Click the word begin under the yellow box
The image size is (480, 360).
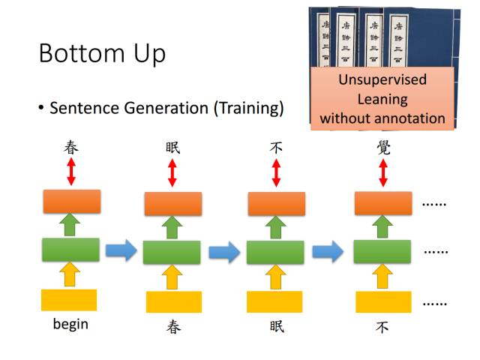[x=70, y=324]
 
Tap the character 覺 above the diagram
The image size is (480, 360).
[x=383, y=147]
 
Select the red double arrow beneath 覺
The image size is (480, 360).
[x=383, y=173]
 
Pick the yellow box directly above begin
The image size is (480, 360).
[x=69, y=300]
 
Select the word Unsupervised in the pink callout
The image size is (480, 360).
[x=382, y=79]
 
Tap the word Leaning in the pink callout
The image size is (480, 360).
[x=382, y=98]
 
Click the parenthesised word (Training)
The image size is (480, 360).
[x=249, y=108]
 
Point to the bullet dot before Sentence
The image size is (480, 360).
[x=41, y=109]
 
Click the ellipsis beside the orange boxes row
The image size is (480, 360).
[x=435, y=203]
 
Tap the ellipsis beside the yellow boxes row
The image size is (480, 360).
[x=435, y=302]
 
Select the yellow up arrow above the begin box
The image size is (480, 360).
[x=70, y=274]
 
